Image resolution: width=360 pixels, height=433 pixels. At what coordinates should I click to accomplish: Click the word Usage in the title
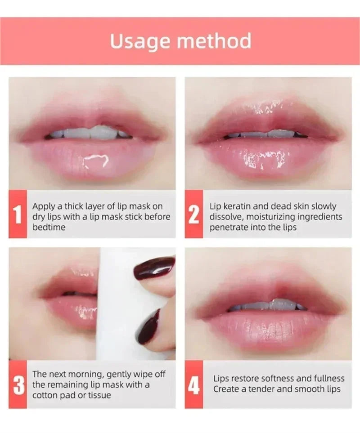[140, 41]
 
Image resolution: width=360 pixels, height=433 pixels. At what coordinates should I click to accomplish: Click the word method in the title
[214, 40]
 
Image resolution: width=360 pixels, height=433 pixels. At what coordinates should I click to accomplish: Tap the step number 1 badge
[18, 214]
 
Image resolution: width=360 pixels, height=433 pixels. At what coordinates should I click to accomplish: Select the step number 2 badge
[193, 214]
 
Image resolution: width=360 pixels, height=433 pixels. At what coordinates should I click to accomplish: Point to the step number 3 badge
[18, 384]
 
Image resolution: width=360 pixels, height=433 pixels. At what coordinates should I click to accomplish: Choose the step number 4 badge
[193, 384]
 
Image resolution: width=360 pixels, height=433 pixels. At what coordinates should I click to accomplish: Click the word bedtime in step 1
[49, 227]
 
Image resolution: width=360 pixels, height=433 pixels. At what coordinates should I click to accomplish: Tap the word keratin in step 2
[237, 206]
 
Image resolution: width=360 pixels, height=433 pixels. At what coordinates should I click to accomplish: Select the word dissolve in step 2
[226, 217]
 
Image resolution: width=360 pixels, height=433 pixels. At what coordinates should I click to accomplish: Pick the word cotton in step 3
[45, 395]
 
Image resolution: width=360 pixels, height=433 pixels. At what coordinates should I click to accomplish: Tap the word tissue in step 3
[99, 395]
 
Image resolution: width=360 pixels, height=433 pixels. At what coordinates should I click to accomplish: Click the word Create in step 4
[226, 389]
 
